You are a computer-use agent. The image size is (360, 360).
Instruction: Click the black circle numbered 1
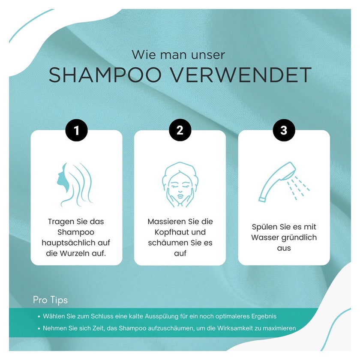pos(76,130)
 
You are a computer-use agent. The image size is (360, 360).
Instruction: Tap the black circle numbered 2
pos(180,130)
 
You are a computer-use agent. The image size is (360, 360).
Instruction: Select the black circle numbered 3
pos(284,130)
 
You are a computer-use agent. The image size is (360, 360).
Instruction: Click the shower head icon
pos(284,182)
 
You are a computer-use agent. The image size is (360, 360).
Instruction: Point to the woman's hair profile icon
pos(75,185)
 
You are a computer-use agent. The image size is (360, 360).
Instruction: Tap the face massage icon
pos(180,185)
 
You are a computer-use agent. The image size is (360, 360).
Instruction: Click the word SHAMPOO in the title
pos(105,75)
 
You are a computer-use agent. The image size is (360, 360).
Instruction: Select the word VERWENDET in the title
pos(242,75)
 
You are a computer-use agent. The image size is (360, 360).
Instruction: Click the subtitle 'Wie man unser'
pos(178,55)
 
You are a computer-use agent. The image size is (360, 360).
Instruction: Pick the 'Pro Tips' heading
pos(50,300)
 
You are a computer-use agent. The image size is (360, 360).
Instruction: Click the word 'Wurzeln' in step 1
pos(74,253)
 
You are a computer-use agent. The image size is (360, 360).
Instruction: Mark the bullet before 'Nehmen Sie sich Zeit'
pos(39,329)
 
